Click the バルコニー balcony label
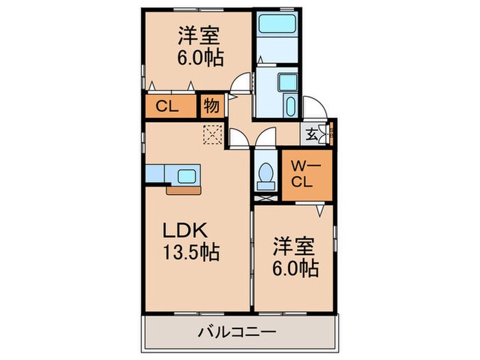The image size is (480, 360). click(x=237, y=332)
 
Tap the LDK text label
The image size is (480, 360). click(x=185, y=230)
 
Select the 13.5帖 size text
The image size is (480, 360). click(x=191, y=252)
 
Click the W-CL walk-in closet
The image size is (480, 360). click(x=307, y=176)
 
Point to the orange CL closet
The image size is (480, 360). click(x=171, y=106)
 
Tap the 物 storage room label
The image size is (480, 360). click(x=211, y=106)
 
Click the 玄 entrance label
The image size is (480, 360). click(x=311, y=134)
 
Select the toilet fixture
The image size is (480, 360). click(x=266, y=176)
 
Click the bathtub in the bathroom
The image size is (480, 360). click(x=277, y=23)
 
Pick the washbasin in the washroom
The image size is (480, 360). click(x=287, y=82)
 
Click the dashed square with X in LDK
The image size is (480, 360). click(x=213, y=134)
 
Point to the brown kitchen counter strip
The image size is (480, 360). click(x=183, y=191)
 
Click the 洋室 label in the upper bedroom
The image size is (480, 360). click(x=199, y=36)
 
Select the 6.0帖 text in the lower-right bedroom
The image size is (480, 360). click(x=296, y=269)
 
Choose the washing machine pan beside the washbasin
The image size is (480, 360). click(x=289, y=105)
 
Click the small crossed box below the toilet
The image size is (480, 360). click(x=266, y=198)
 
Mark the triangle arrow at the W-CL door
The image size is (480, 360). click(x=320, y=211)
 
